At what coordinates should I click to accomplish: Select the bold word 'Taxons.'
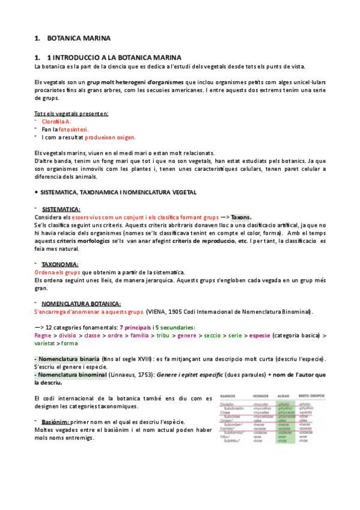click(242, 217)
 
